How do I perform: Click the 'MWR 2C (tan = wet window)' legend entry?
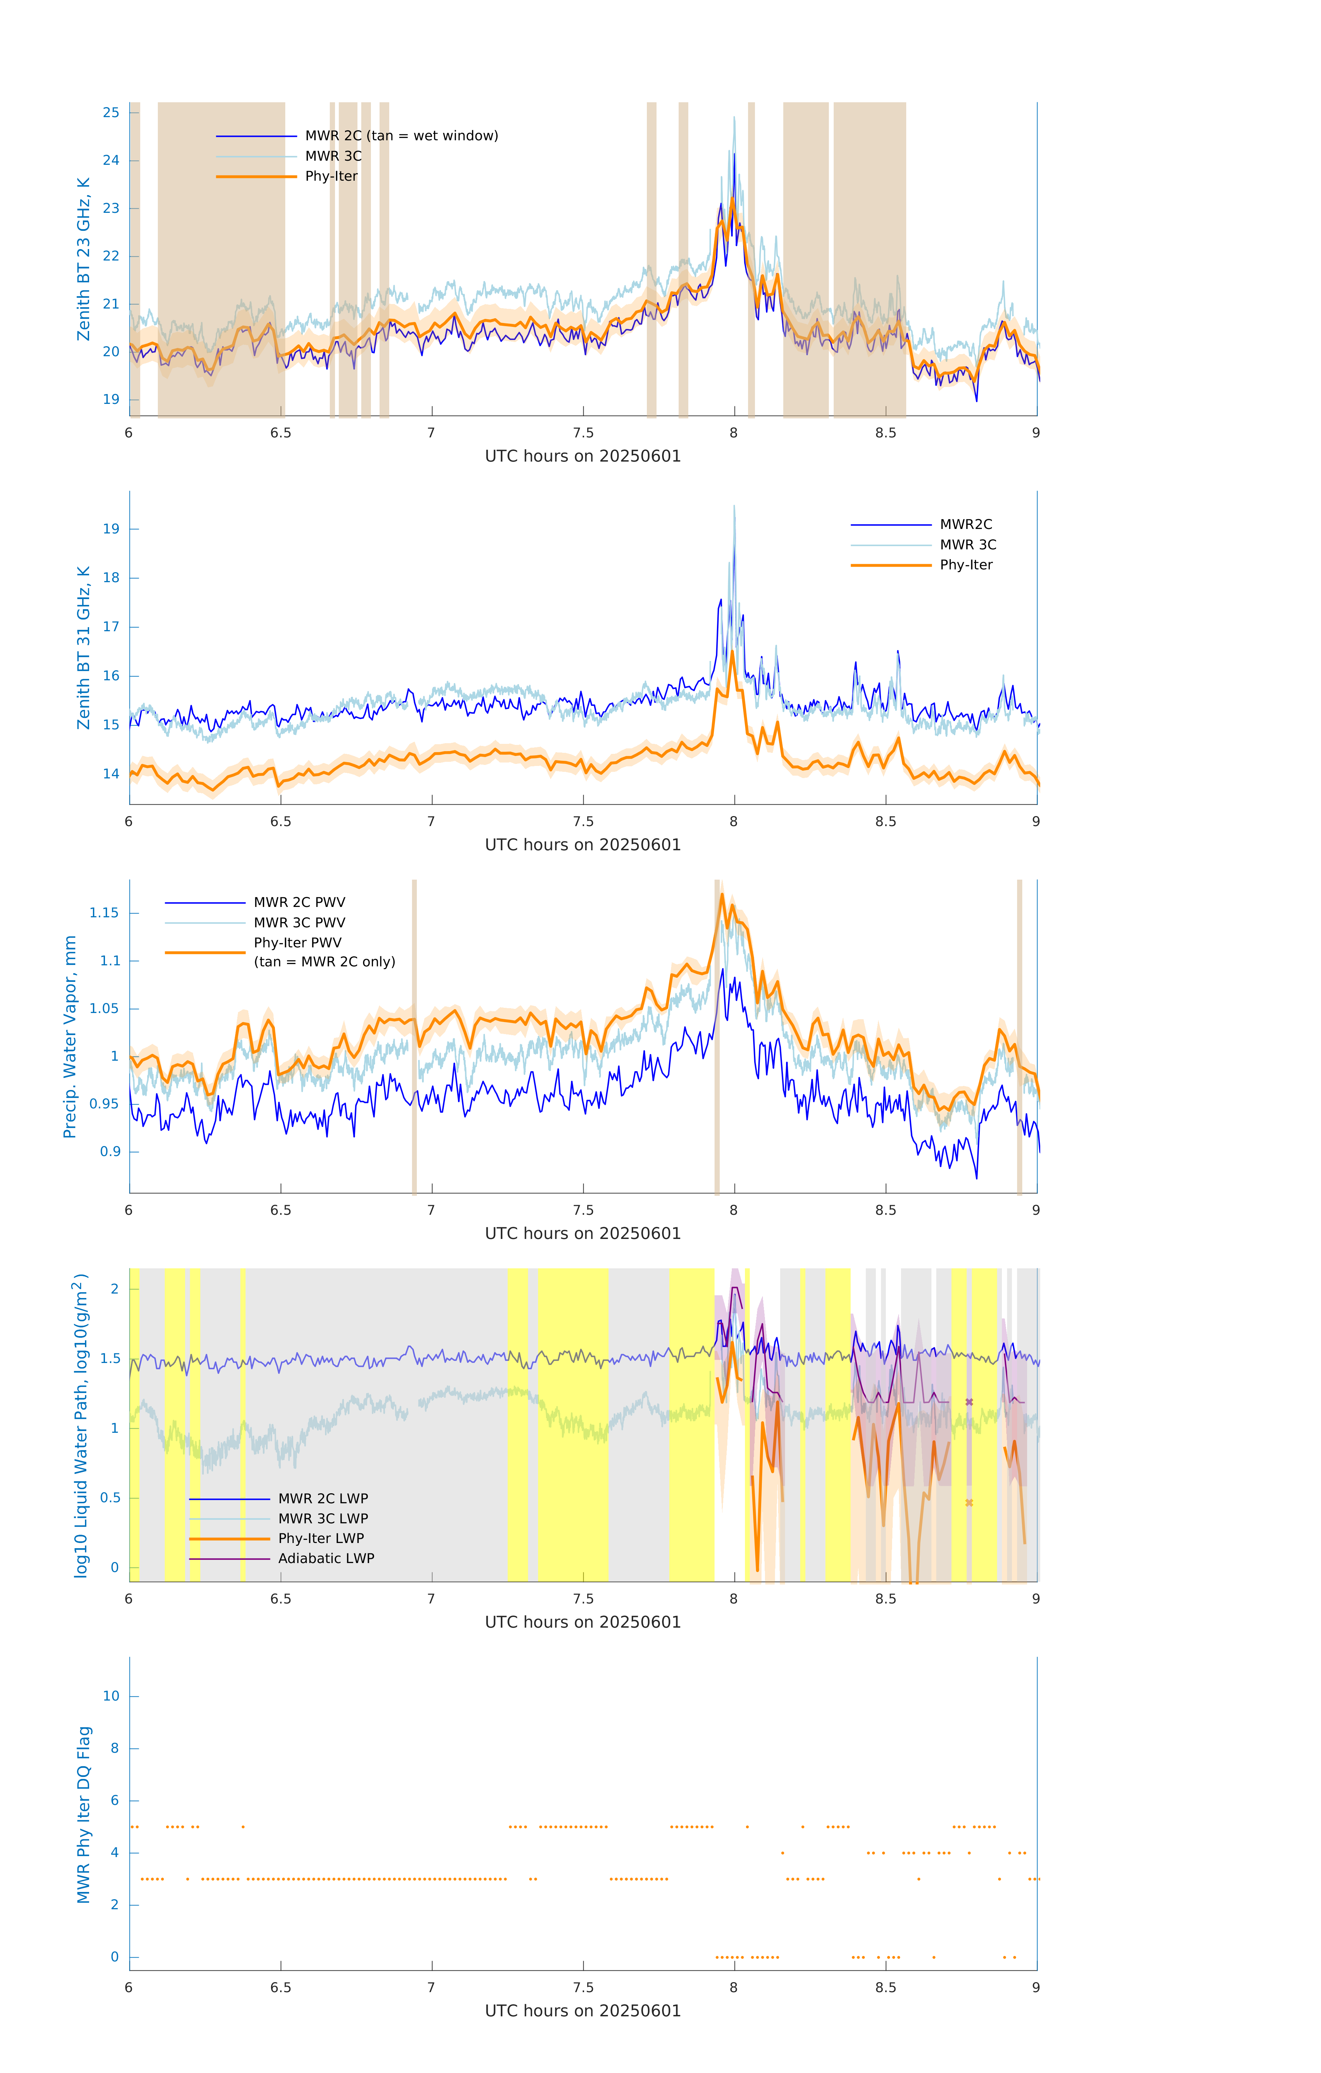tap(401, 136)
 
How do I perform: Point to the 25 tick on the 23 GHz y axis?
tap(111, 113)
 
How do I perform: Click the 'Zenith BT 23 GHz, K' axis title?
tap(84, 259)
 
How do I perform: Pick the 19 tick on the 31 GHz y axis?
tap(111, 529)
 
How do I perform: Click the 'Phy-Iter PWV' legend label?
tap(297, 943)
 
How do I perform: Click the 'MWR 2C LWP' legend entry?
tap(323, 1499)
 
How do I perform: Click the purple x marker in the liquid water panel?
tap(969, 1402)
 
